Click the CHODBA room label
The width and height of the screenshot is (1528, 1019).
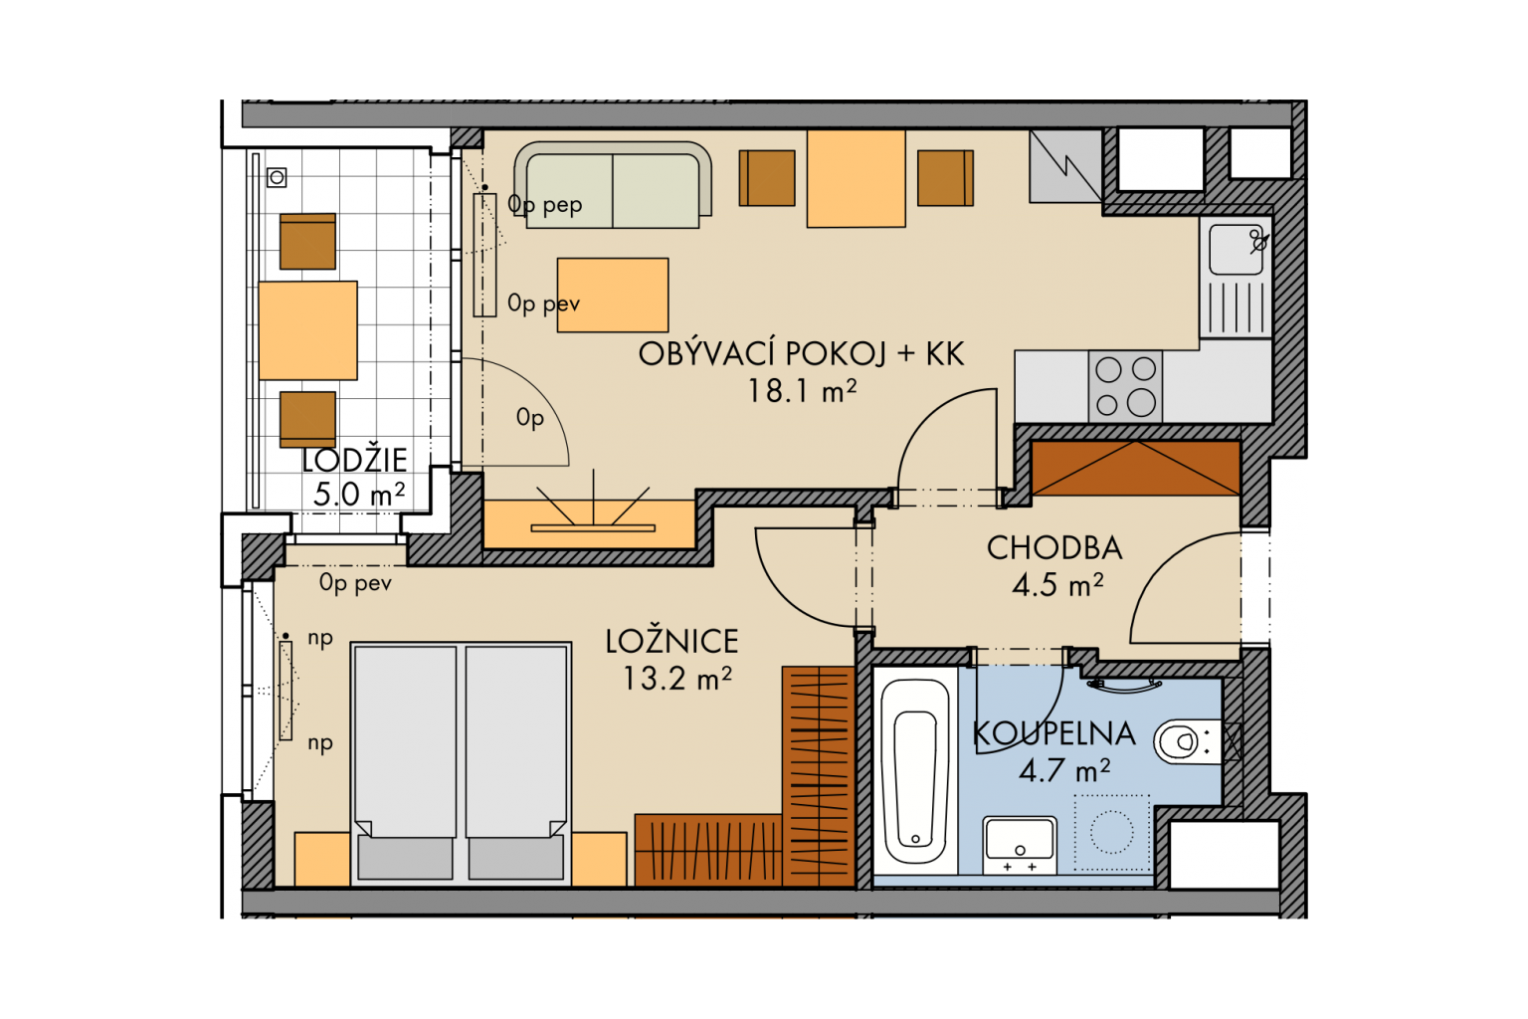tap(1053, 548)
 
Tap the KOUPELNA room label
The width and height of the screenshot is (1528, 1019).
tap(1053, 734)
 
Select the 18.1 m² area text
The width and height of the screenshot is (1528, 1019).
tap(802, 391)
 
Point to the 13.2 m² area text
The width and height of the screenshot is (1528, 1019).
tap(677, 679)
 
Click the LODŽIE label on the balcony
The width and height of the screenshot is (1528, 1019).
tap(355, 461)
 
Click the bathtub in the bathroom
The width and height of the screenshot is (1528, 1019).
tap(915, 772)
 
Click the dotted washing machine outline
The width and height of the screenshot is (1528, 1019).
tap(1112, 833)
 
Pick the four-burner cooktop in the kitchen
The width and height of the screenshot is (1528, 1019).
tap(1125, 387)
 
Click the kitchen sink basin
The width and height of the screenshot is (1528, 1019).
tap(1237, 249)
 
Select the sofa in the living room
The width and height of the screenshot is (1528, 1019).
tap(613, 185)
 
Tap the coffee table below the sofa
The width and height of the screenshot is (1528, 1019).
tap(613, 295)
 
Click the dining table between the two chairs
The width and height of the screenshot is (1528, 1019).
tap(857, 178)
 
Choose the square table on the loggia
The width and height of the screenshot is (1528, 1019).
tap(307, 330)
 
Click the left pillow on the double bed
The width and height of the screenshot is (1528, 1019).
tap(405, 857)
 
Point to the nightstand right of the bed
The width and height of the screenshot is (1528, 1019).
tap(599, 860)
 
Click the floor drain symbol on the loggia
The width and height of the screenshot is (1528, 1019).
tap(277, 177)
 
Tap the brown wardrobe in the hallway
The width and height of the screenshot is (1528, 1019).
tap(1136, 469)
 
